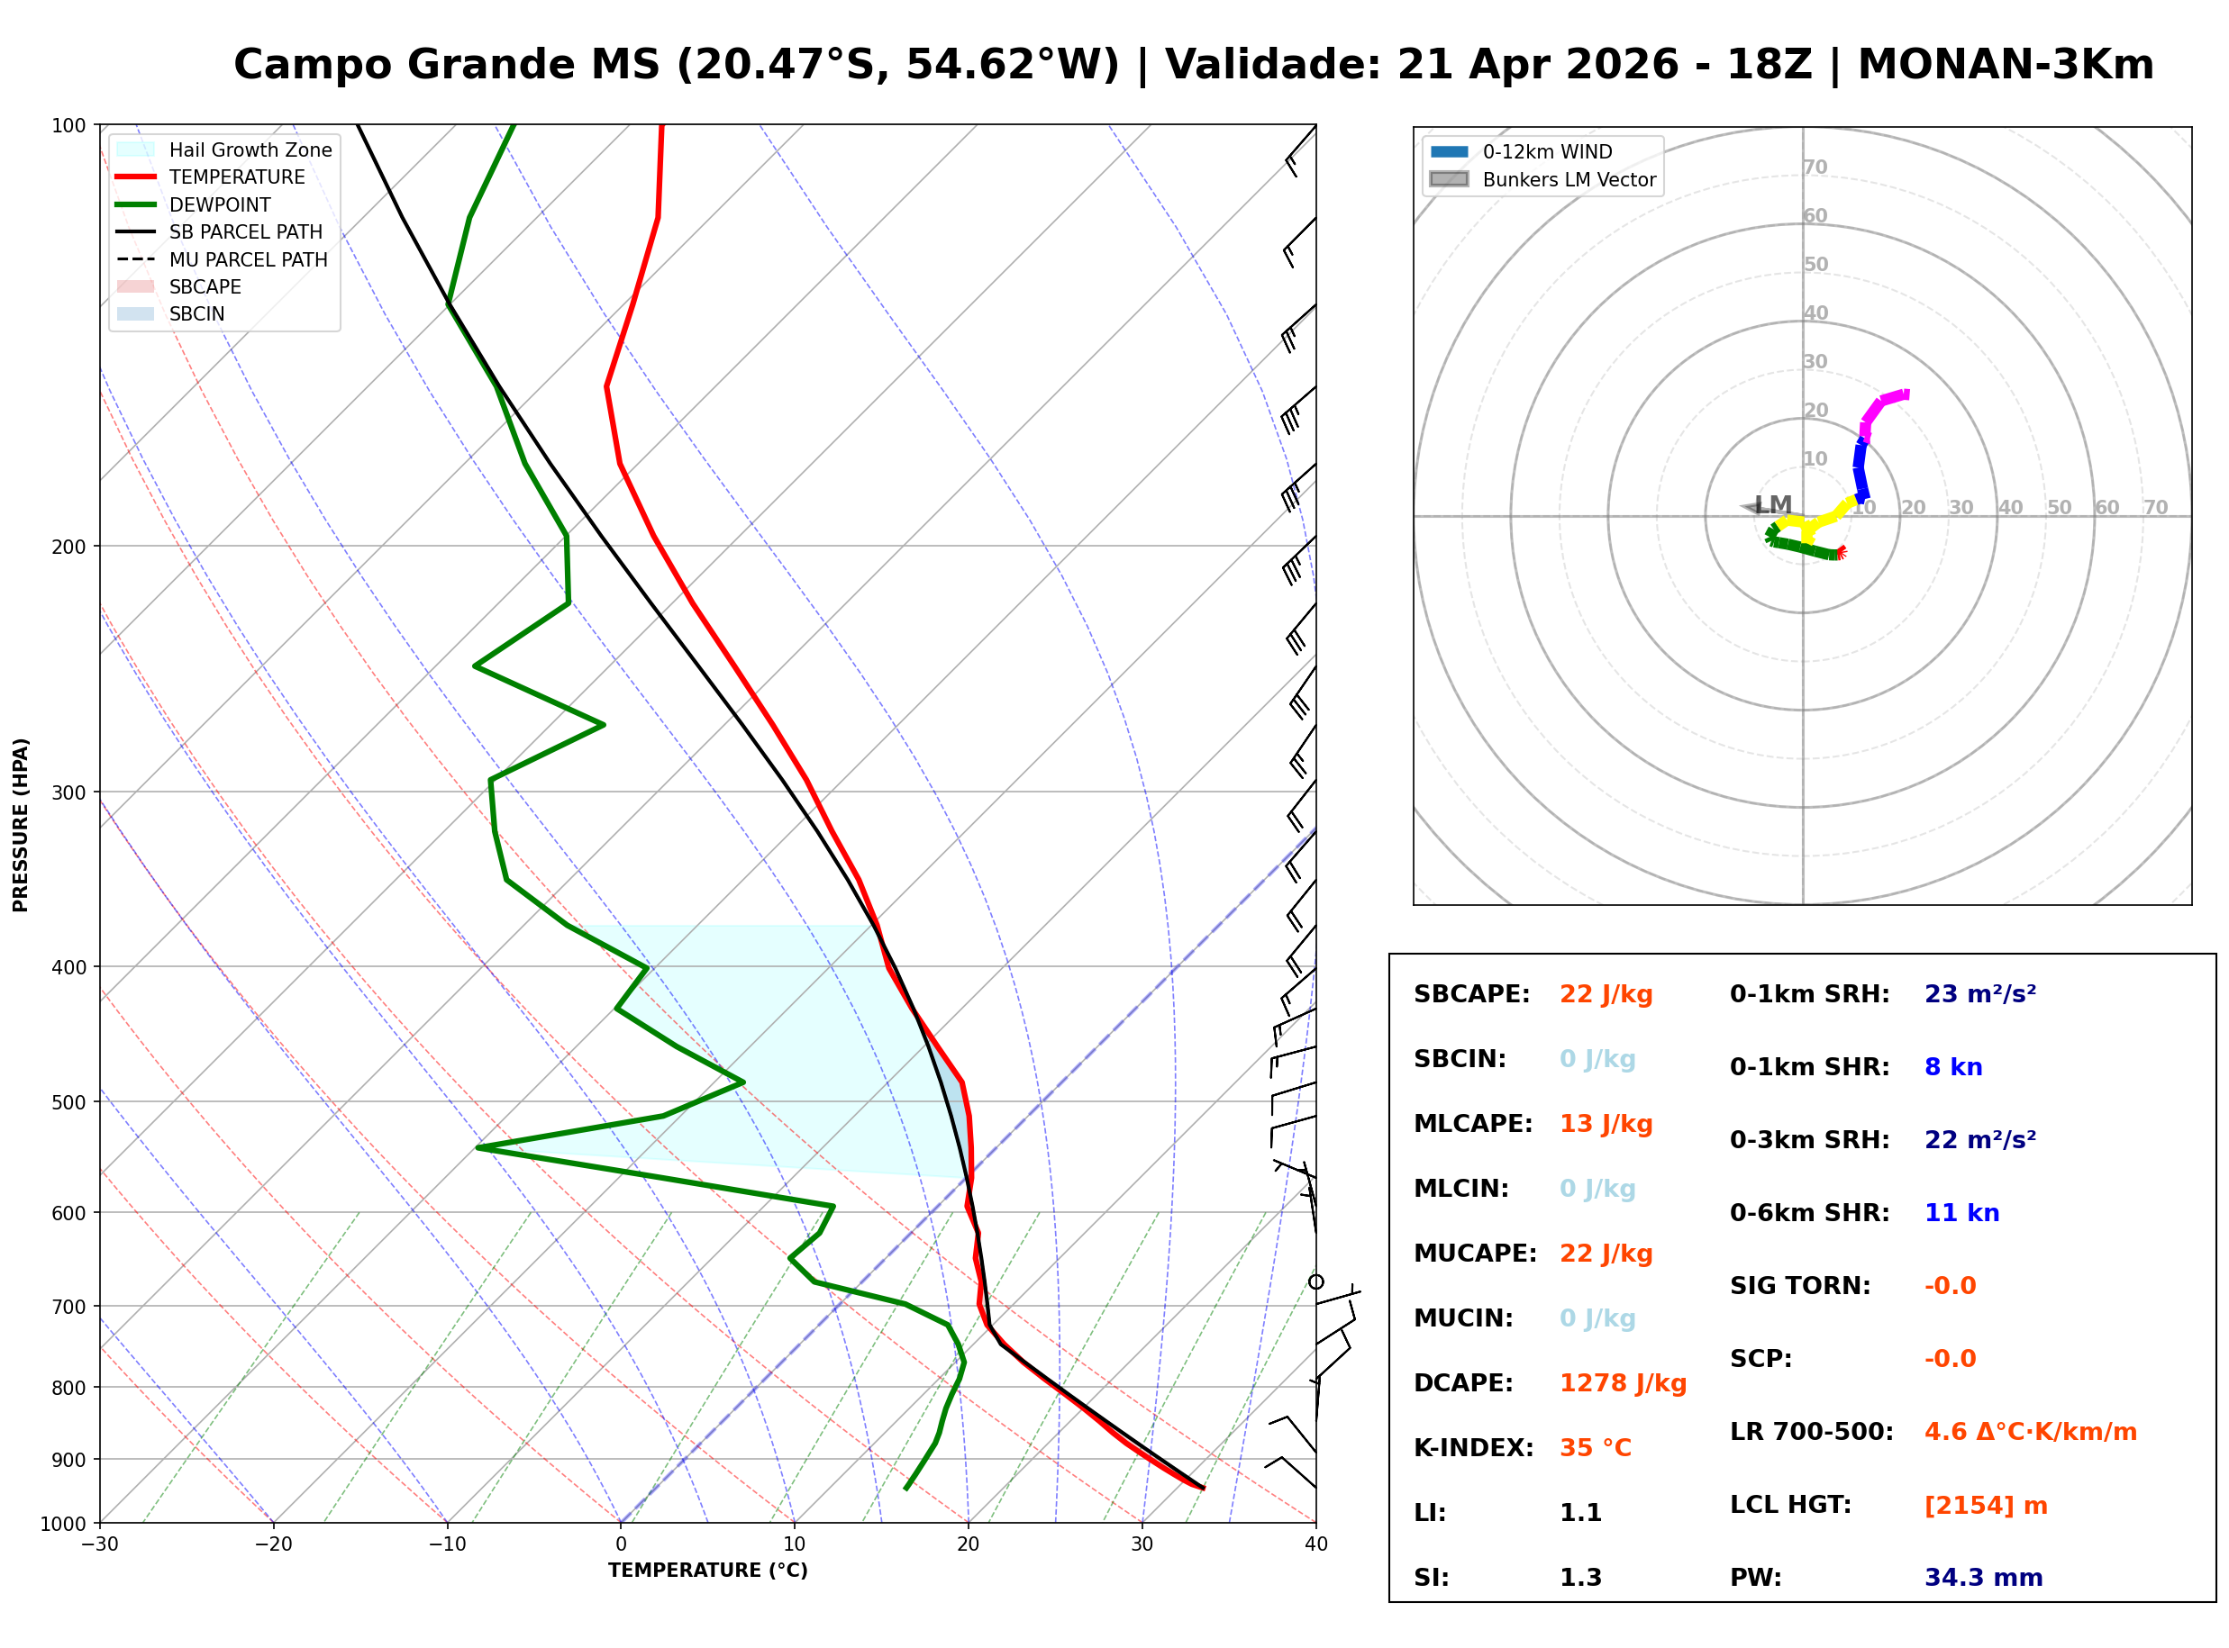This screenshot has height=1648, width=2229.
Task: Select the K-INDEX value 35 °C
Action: (1595, 1448)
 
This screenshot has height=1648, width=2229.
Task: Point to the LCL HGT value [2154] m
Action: (1985, 1506)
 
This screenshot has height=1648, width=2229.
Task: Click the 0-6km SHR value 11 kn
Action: (1961, 1213)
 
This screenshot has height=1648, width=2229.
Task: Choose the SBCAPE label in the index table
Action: (1470, 994)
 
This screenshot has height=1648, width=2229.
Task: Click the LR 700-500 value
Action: (2030, 1433)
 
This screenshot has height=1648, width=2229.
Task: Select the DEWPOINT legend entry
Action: (220, 204)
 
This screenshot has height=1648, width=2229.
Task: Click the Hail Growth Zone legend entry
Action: (250, 149)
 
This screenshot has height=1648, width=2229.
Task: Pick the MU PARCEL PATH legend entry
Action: (248, 259)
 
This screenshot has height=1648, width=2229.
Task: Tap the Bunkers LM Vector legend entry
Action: (1568, 179)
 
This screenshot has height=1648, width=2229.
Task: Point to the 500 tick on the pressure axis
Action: (68, 1102)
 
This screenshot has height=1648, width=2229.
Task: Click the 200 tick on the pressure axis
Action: (68, 547)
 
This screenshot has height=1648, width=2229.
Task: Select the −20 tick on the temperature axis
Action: (272, 1544)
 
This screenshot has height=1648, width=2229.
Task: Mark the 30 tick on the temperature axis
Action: (1142, 1544)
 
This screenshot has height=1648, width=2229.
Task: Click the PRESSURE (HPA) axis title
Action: (20, 825)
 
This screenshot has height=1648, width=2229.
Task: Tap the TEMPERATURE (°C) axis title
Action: (707, 1571)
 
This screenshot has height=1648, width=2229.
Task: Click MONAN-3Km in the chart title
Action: (2005, 65)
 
